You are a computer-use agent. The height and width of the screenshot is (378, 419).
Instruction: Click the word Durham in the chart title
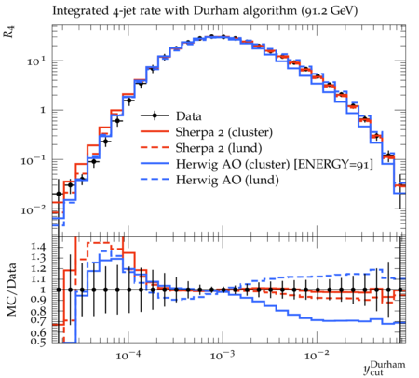click(214, 10)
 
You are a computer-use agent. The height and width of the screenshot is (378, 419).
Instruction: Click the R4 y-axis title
click(9, 32)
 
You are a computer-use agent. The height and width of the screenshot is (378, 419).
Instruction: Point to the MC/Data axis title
click(11, 290)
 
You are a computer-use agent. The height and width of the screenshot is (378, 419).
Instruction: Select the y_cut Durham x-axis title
click(385, 368)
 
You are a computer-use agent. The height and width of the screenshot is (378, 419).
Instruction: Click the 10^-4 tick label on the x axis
click(128, 355)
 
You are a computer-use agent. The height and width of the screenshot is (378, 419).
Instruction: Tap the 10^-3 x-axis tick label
click(223, 355)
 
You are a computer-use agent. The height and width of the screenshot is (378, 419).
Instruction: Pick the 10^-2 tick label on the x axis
click(317, 355)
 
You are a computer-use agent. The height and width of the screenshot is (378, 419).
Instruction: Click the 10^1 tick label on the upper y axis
click(36, 61)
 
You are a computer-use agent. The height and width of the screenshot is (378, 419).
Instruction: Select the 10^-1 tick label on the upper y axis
click(34, 160)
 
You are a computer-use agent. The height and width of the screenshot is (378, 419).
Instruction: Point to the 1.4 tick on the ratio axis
click(38, 247)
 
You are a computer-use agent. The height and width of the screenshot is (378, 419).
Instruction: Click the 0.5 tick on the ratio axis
click(38, 342)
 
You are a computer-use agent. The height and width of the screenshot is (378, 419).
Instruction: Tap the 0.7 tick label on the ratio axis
click(38, 319)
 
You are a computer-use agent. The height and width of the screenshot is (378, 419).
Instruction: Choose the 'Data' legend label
click(189, 116)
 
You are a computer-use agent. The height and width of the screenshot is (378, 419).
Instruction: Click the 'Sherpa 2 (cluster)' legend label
click(224, 132)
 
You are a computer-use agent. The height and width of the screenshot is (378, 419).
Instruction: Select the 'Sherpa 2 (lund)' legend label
click(219, 148)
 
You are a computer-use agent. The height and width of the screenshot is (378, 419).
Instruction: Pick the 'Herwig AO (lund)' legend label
click(227, 181)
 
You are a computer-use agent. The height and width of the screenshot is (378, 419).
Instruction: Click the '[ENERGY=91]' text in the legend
click(333, 165)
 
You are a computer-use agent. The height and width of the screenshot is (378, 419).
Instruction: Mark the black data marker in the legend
click(155, 115)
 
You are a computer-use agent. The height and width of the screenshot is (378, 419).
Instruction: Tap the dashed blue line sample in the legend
click(155, 179)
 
